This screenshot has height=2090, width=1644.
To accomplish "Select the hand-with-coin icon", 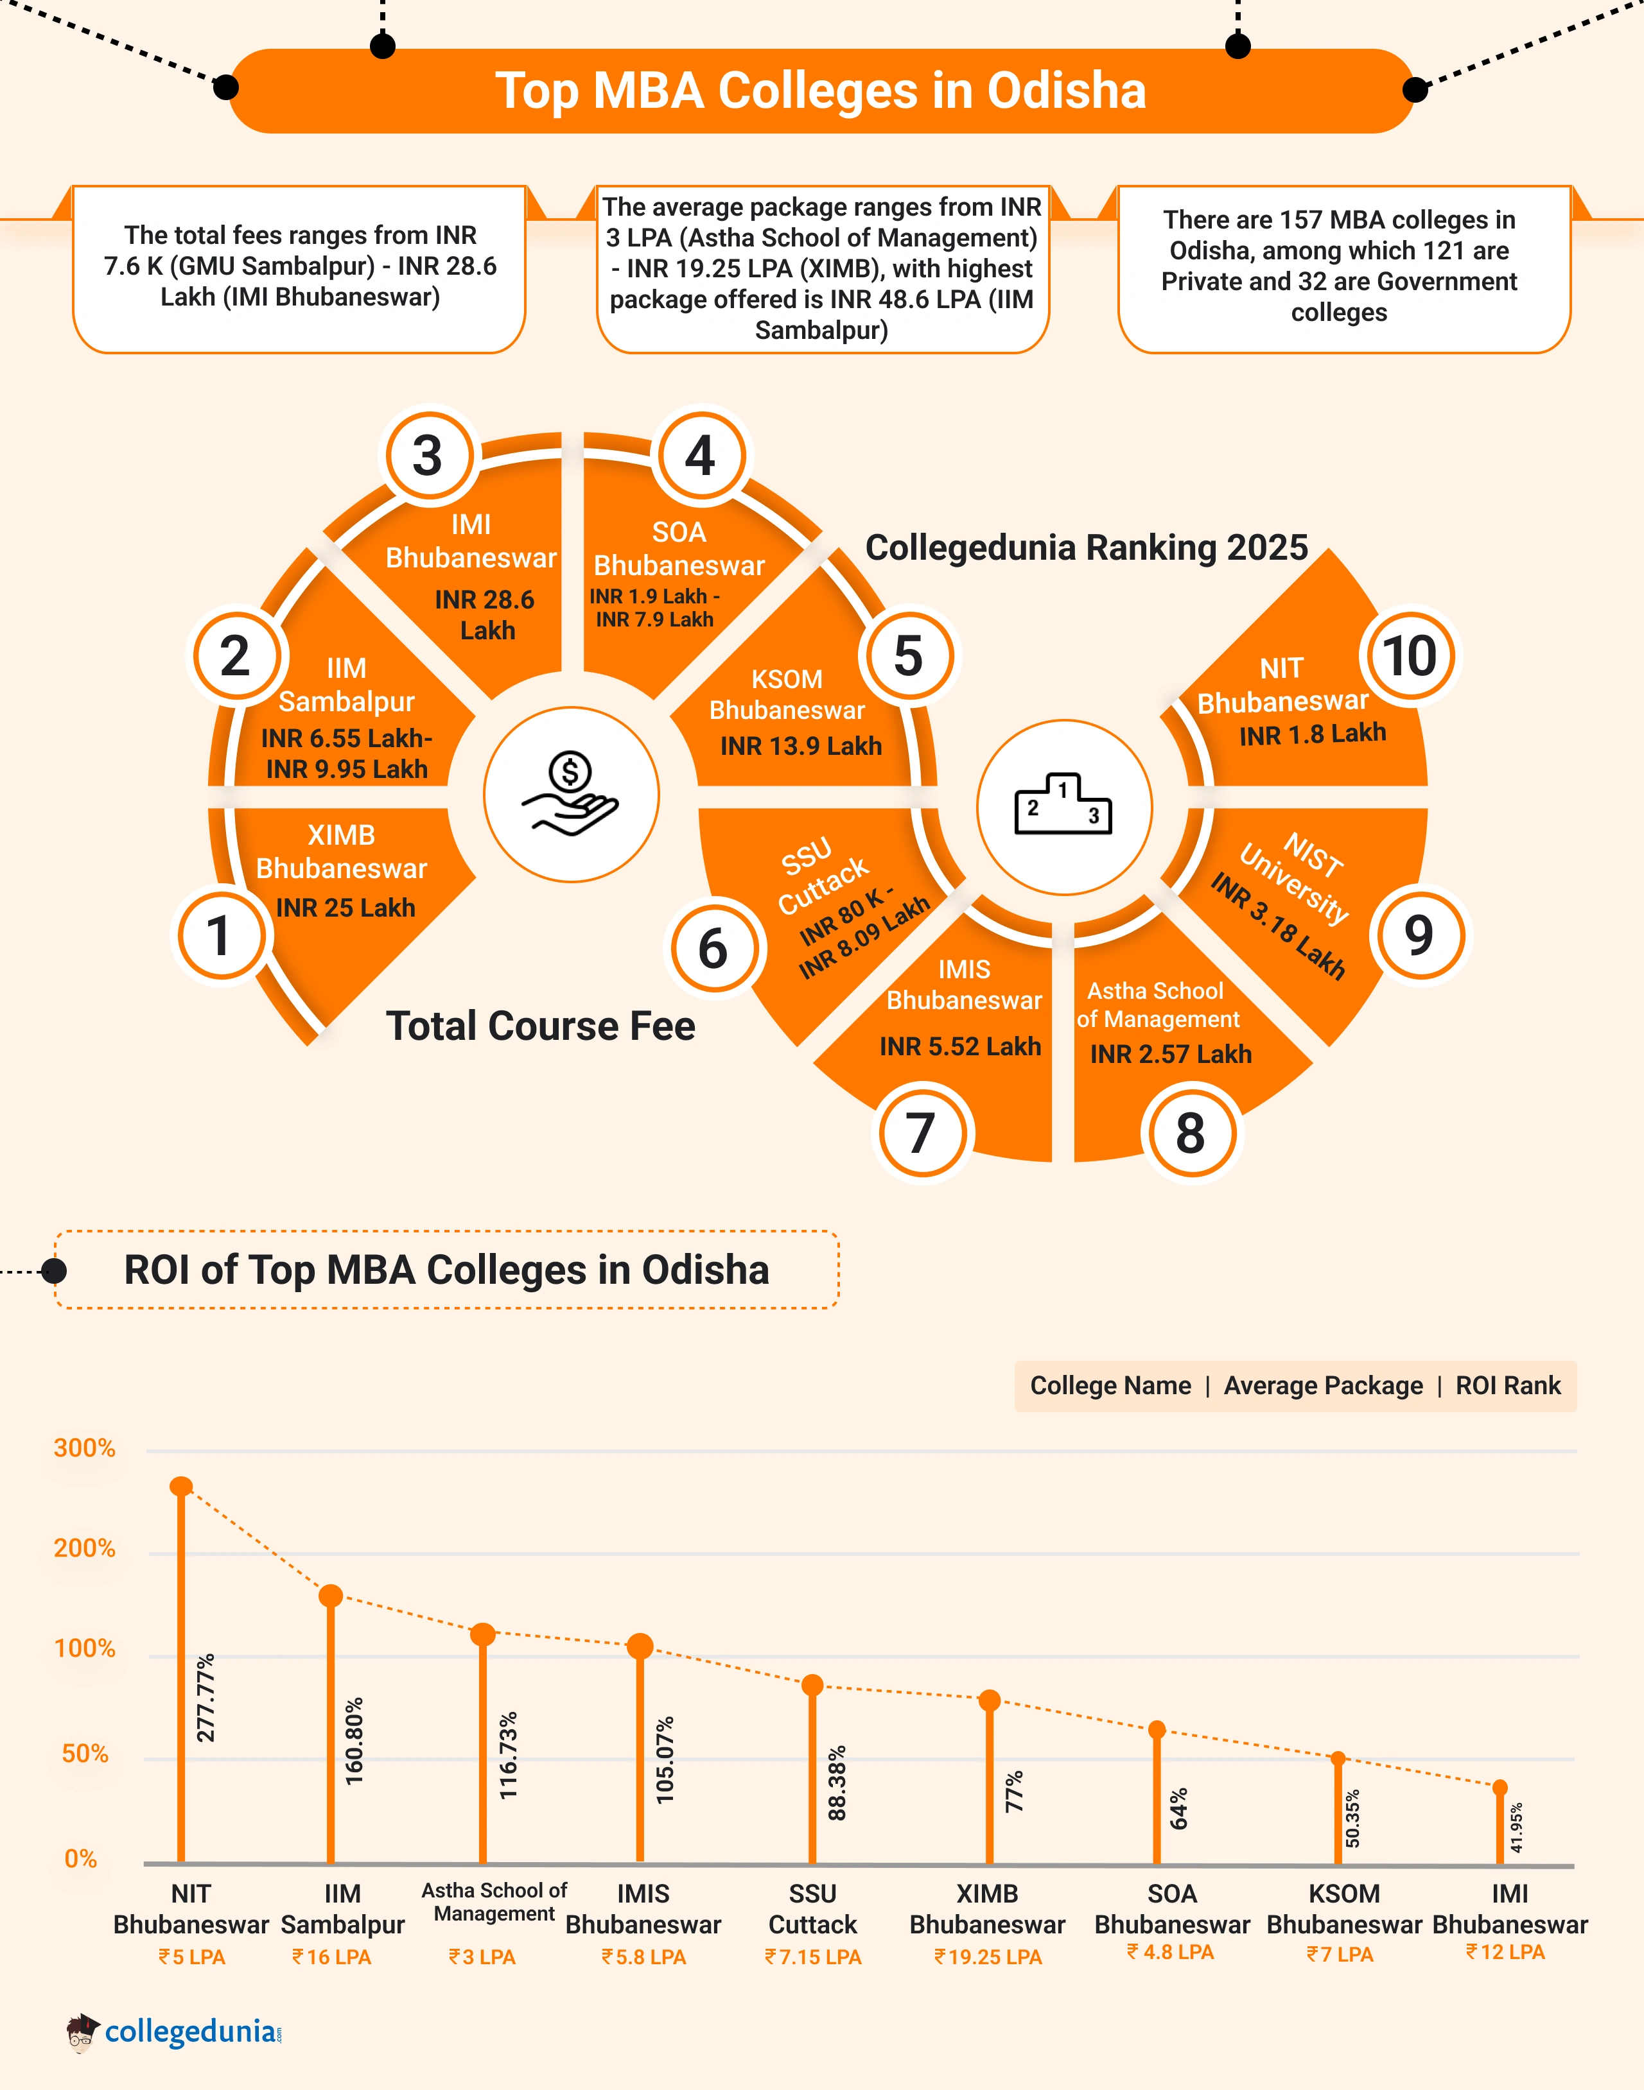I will point(571,795).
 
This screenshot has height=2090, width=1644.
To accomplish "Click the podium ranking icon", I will point(1063,806).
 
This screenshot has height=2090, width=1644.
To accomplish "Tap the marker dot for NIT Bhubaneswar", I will point(181,1487).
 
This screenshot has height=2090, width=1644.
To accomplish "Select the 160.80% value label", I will point(354,1741).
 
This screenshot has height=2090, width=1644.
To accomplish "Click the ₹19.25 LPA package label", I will point(988,1957).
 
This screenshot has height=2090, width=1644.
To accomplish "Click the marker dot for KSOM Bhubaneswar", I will point(1338,1759).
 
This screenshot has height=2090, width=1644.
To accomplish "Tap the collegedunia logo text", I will point(191,2032).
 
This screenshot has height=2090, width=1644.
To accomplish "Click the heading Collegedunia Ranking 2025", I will point(1086,548).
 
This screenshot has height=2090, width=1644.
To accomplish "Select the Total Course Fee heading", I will point(540,1026).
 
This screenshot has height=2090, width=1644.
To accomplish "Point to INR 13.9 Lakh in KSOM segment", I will point(801,746).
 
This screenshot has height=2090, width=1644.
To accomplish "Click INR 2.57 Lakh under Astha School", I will point(1171,1053).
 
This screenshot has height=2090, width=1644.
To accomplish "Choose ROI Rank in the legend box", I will point(1507,1386).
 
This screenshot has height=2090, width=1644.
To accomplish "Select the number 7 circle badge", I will point(921,1132).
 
